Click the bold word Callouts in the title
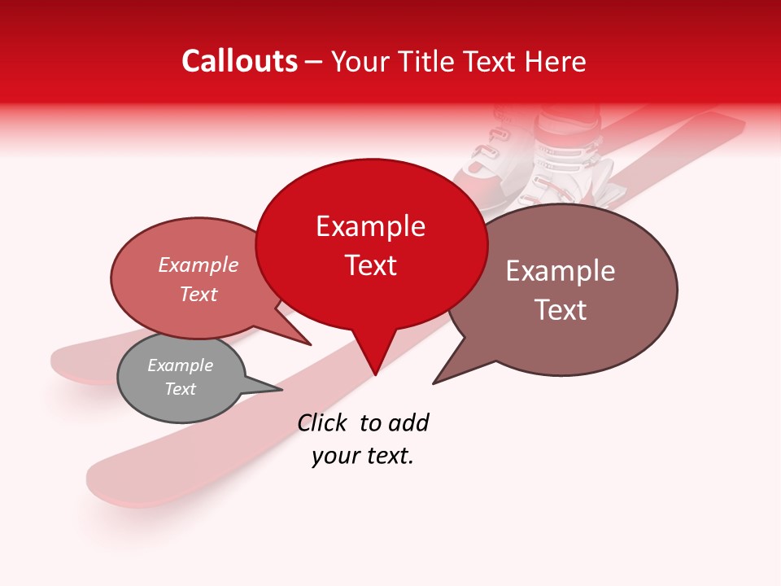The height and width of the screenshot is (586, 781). [x=239, y=61]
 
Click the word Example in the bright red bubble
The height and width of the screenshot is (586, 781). [x=370, y=226]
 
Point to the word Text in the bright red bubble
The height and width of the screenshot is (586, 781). [x=370, y=265]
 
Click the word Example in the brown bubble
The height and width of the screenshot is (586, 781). [x=561, y=271]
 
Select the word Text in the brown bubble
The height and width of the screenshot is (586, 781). [x=561, y=310]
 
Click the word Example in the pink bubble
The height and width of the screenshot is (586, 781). [x=199, y=265]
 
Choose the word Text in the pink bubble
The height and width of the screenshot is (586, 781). [x=199, y=295]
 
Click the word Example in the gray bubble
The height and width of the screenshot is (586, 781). [x=180, y=365]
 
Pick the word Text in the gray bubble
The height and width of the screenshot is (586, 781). [x=180, y=389]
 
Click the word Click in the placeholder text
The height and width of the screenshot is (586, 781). [x=321, y=422]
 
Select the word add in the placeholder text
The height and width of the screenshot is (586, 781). [x=408, y=422]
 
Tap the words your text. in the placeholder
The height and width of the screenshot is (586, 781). [x=363, y=457]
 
